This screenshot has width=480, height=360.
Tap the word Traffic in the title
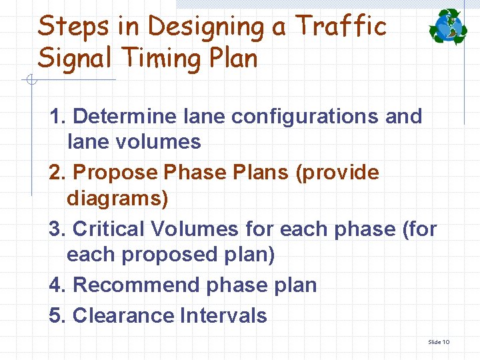[341, 27]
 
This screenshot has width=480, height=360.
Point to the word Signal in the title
[74, 59]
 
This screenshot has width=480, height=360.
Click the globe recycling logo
[448, 27]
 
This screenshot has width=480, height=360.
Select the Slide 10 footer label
[439, 342]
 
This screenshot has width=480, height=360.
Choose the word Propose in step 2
[115, 173]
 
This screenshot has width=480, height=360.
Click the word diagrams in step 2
[117, 198]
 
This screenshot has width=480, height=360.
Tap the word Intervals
[223, 315]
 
